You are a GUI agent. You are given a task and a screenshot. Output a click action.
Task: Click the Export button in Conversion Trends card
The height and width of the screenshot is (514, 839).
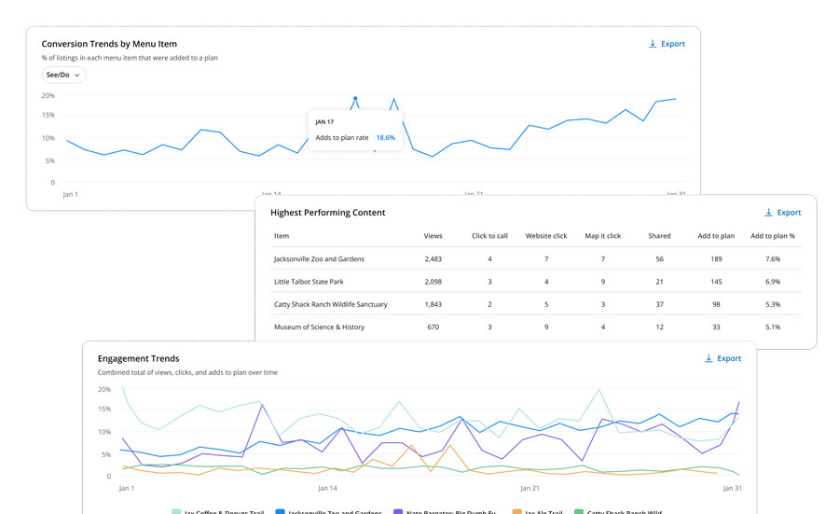click(667, 44)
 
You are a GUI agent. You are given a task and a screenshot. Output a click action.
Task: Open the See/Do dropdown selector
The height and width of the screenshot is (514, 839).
click(63, 75)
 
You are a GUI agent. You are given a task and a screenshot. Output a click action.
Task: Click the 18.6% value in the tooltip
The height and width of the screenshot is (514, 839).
click(385, 137)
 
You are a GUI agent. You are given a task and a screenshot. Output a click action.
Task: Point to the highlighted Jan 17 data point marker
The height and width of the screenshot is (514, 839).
click(355, 98)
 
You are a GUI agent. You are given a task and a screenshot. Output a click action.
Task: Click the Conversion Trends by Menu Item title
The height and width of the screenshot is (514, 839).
click(109, 44)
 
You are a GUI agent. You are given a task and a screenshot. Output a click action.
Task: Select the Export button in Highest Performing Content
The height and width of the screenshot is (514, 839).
click(782, 213)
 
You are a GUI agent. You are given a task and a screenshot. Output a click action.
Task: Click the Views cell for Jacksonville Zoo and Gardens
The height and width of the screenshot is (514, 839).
click(433, 258)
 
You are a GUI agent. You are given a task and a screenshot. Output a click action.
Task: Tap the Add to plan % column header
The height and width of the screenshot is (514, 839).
click(772, 236)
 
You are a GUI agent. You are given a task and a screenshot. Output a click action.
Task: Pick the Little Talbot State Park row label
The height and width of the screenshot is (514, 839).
click(309, 282)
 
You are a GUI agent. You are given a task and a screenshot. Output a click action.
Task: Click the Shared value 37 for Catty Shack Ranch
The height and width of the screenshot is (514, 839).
click(659, 304)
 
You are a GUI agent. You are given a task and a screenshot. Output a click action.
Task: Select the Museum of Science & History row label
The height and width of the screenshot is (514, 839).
click(319, 327)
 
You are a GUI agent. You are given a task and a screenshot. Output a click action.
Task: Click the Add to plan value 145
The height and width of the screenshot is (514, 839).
click(716, 282)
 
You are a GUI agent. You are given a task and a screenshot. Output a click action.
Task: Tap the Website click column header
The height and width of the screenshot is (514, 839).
click(545, 236)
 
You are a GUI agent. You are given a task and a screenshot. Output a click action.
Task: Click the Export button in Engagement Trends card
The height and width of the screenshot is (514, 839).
click(722, 358)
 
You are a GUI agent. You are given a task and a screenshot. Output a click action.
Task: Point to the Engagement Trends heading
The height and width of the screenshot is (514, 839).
click(138, 358)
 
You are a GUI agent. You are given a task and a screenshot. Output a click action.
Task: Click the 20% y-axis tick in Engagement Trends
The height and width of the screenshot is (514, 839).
click(104, 389)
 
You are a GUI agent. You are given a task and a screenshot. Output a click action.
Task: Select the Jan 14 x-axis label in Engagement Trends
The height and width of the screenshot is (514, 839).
click(328, 488)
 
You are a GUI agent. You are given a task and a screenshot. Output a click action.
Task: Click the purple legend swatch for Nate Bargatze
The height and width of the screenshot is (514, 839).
click(398, 512)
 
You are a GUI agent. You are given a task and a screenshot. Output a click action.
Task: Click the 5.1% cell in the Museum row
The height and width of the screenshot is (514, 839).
click(772, 327)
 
